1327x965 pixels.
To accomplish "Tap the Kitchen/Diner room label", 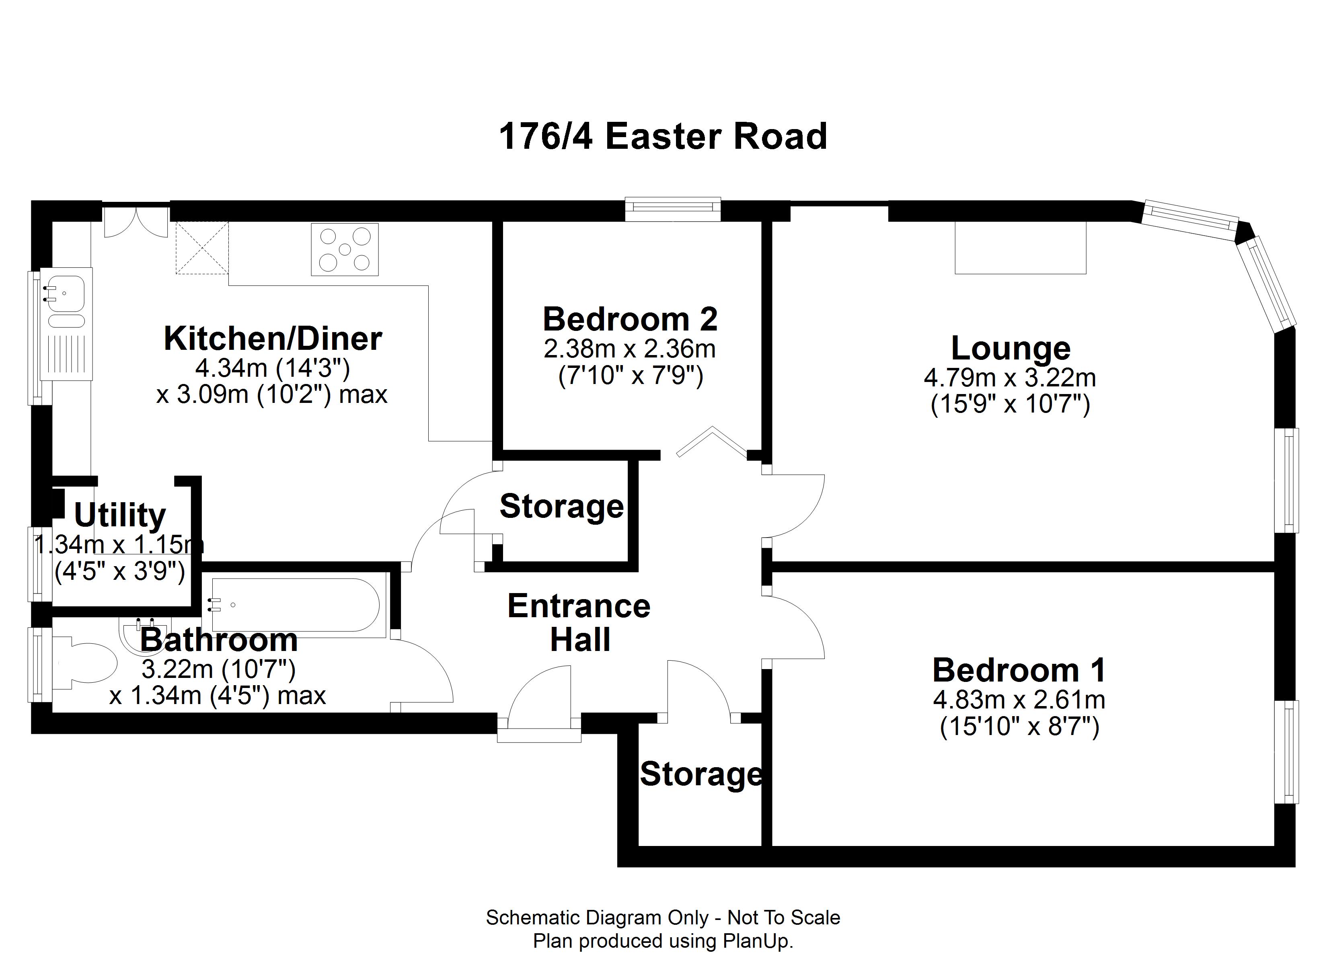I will [273, 339].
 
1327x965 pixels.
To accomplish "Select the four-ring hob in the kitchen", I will [345, 249].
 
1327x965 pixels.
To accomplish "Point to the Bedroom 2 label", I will [630, 320].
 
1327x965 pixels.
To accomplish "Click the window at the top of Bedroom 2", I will [672, 209].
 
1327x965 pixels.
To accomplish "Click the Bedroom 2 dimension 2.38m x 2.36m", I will [630, 349].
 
